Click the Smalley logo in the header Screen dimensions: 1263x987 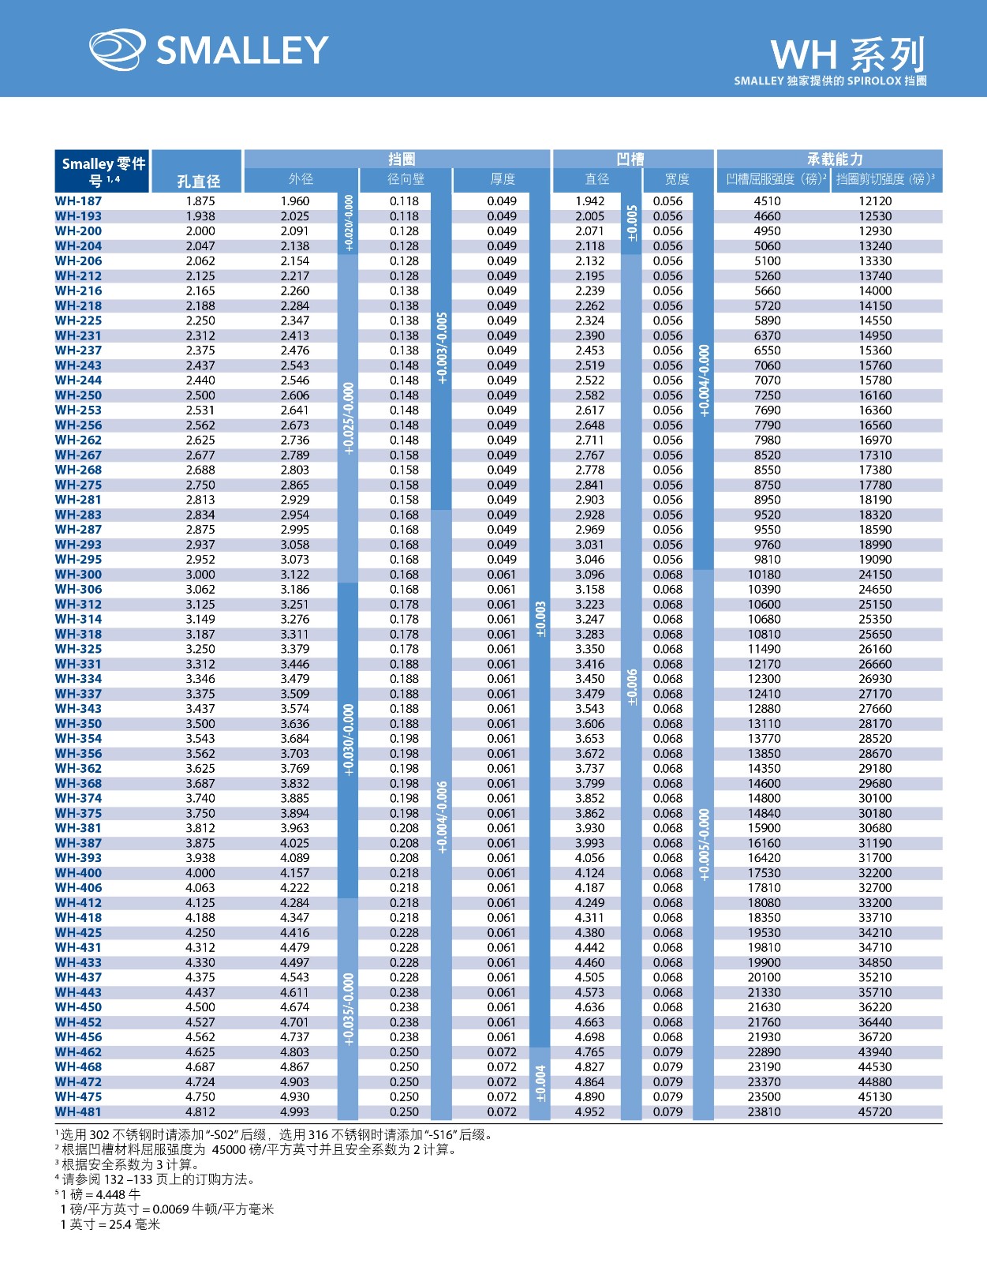tap(208, 50)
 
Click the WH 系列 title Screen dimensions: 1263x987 tap(847, 54)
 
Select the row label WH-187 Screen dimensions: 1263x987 tap(78, 201)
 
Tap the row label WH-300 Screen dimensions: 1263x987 tap(78, 575)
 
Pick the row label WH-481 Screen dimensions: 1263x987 tap(78, 1111)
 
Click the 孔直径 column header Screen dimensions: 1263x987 tap(198, 182)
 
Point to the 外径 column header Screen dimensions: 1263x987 tap(301, 180)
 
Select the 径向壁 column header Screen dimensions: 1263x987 tap(406, 180)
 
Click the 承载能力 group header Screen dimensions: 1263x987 tap(834, 159)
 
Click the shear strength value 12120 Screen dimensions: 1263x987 tap(875, 201)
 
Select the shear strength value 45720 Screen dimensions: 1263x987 tap(875, 1111)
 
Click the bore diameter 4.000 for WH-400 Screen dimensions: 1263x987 tap(200, 873)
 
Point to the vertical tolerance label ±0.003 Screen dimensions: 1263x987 tap(540, 620)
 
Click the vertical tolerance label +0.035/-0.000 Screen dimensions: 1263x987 tap(349, 1009)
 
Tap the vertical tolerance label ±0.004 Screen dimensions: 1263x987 tap(540, 1082)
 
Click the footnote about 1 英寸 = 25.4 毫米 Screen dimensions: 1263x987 tap(110, 1224)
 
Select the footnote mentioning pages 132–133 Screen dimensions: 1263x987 tap(158, 1179)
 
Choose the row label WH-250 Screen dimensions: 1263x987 tap(78, 395)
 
